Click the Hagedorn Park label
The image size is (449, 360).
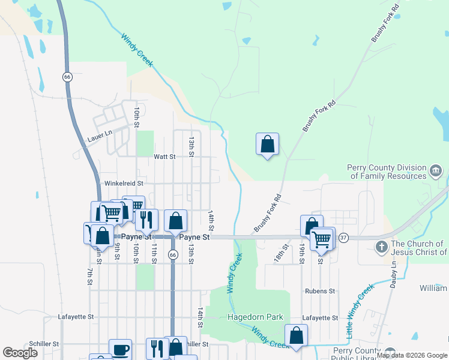pyautogui.click(x=258, y=317)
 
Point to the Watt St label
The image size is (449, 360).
pyautogui.click(x=164, y=157)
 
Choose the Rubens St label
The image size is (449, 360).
pyautogui.click(x=319, y=291)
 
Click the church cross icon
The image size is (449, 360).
pyautogui.click(x=381, y=247)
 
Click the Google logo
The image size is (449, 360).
pyautogui.click(x=19, y=353)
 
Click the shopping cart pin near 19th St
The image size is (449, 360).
pyautogui.click(x=322, y=238)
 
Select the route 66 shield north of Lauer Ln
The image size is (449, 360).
pyautogui.click(x=67, y=77)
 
